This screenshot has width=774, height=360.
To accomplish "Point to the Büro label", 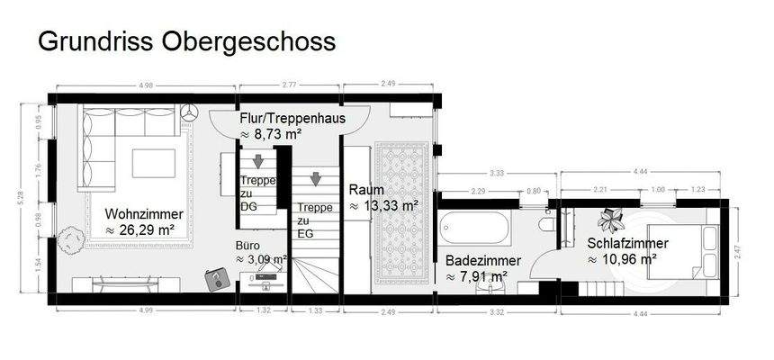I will (x=249, y=244).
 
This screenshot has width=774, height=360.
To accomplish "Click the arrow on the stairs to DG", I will (x=257, y=162).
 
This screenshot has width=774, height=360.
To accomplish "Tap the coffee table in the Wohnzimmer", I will (x=153, y=164).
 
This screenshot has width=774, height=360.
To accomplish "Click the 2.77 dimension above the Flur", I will (x=289, y=85).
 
